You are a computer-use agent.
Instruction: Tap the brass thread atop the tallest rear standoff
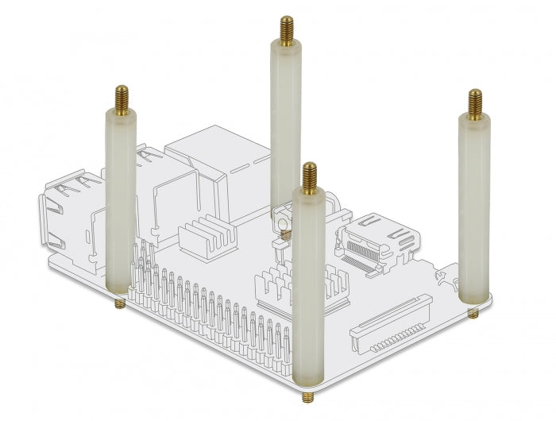285,30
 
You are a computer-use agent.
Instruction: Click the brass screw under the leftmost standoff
119,303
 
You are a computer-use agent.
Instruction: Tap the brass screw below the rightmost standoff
473,313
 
